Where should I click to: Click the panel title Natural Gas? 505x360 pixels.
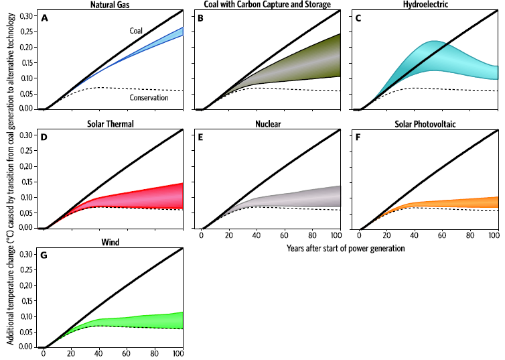pyautogui.click(x=111, y=5)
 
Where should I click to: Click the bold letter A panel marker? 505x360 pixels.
pyautogui.click(x=44, y=18)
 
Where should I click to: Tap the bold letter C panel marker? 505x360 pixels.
pyautogui.click(x=359, y=18)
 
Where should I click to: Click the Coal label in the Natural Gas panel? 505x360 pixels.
pyautogui.click(x=137, y=31)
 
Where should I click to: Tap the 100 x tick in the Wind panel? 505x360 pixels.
pyautogui.click(x=178, y=354)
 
